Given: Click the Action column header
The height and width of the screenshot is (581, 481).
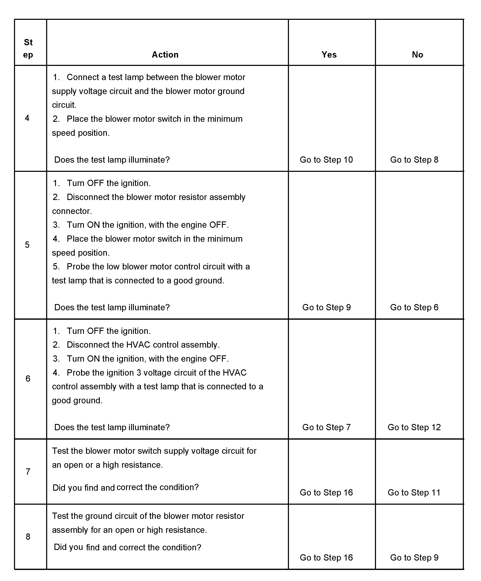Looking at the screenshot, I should [165, 54].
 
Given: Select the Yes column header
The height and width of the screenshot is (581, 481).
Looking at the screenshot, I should [329, 54].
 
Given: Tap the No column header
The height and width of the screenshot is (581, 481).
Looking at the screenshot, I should [417, 54].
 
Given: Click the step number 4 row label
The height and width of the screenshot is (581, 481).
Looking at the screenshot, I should [27, 118].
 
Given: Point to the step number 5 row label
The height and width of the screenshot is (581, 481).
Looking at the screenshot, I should [27, 245].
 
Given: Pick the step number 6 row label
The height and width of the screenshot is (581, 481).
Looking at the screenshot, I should [28, 379].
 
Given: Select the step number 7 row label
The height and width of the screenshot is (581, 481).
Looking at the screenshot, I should [28, 472].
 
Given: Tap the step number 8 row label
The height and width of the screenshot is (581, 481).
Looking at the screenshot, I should [28, 537].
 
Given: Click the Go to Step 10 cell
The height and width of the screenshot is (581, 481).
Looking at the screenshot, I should [326, 160].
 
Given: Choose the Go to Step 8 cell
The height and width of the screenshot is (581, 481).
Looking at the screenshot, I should [414, 160].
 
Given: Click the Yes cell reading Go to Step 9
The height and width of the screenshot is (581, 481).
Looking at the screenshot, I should [327, 307].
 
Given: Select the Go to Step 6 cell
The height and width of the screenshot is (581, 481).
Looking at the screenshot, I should [414, 307].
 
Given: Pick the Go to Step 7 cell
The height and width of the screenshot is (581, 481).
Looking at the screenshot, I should [327, 427].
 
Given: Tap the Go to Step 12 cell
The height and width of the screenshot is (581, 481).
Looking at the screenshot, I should [414, 427].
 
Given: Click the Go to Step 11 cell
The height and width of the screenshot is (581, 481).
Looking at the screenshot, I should [414, 492].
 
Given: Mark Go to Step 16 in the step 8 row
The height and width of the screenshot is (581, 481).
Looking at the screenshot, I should [326, 557].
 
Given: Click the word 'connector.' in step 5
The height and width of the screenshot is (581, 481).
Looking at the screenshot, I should [72, 211].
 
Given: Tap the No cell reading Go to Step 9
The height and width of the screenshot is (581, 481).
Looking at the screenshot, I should [414, 557].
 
